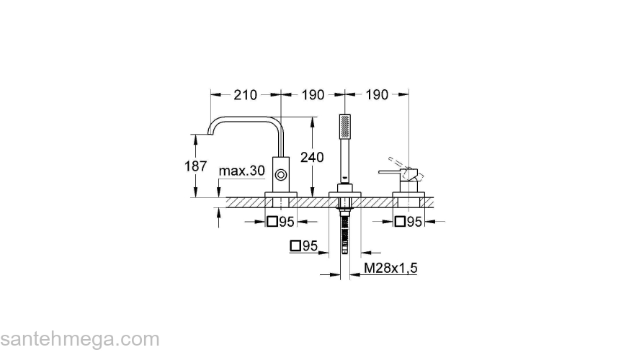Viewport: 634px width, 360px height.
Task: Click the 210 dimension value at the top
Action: pyautogui.click(x=245, y=95)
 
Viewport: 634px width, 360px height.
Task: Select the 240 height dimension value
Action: pyautogui.click(x=312, y=157)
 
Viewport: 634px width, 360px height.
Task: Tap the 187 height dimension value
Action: pyautogui.click(x=196, y=166)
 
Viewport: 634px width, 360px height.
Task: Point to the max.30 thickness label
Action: pyautogui.click(x=242, y=171)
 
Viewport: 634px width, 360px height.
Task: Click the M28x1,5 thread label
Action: pyautogui.click(x=390, y=268)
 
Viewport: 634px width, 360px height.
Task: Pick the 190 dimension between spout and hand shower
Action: pyautogui.click(x=313, y=95)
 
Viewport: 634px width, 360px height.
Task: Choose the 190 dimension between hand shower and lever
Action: pyautogui.click(x=377, y=95)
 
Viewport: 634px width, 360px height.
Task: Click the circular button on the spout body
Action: pyautogui.click(x=280, y=176)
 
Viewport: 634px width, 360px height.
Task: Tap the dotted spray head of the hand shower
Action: pyautogui.click(x=345, y=126)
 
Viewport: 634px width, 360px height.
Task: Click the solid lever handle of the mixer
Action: pyautogui.click(x=390, y=173)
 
